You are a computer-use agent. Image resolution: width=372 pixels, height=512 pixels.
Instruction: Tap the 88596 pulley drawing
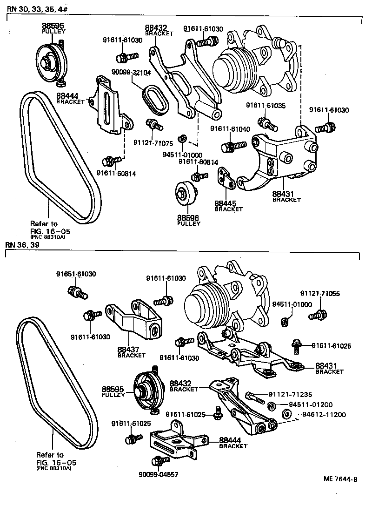(x=185, y=192)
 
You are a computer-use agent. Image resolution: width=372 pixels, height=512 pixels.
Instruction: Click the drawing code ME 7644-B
(x=341, y=478)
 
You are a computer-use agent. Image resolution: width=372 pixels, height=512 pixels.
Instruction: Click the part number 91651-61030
(x=76, y=274)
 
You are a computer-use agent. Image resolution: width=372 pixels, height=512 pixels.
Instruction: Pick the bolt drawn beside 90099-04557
(x=159, y=461)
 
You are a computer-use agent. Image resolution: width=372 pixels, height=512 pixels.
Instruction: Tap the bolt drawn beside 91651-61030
(x=77, y=293)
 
